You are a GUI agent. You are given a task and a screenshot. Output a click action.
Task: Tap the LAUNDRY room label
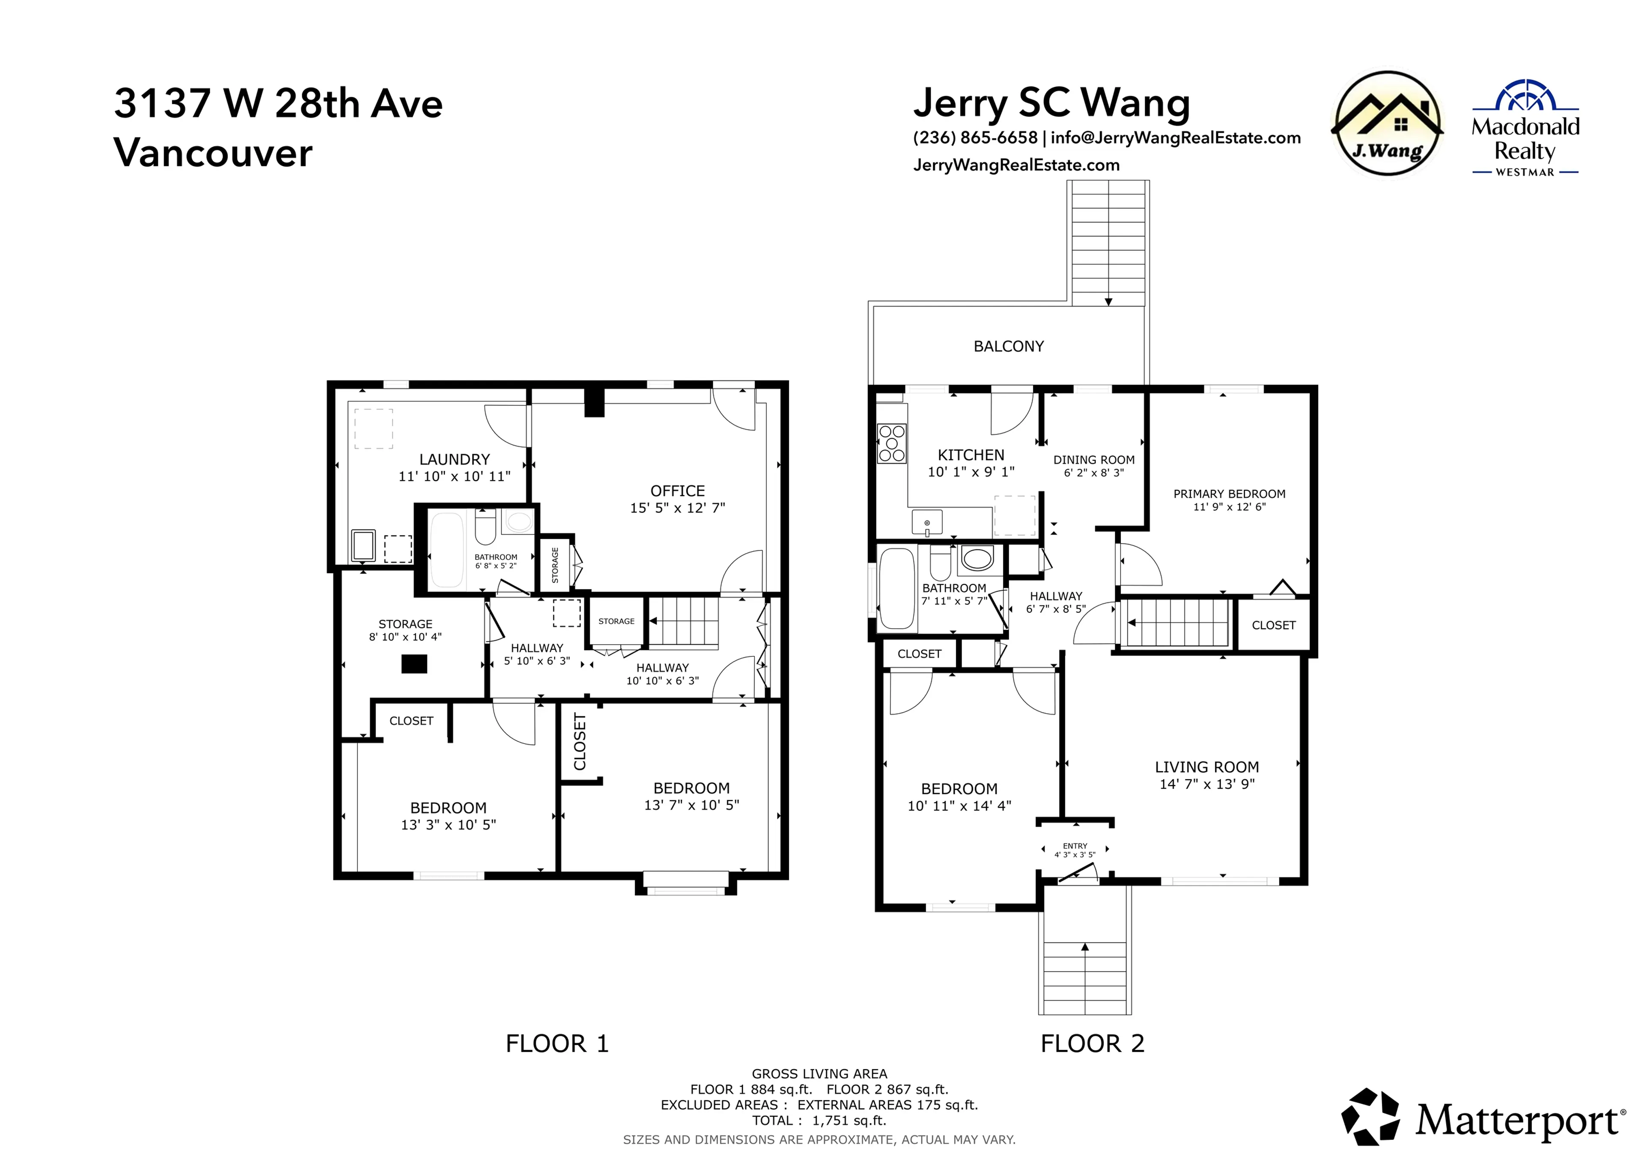click(454, 460)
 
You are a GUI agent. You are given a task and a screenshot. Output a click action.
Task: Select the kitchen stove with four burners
click(891, 443)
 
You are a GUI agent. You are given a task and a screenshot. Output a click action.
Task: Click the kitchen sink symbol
click(926, 523)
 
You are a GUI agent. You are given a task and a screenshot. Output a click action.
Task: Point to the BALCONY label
click(1008, 347)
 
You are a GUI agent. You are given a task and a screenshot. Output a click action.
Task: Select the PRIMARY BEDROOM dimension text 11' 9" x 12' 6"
click(1229, 507)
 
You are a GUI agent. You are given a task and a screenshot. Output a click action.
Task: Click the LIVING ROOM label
click(1206, 767)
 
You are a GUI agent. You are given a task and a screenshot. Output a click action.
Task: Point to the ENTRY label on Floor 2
click(1075, 846)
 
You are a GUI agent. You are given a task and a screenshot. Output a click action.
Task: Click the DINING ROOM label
click(1093, 460)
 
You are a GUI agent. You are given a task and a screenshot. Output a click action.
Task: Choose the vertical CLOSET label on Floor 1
click(580, 742)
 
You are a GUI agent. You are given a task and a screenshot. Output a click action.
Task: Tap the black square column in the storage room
click(414, 664)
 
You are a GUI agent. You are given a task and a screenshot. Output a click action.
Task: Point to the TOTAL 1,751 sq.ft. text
click(819, 1120)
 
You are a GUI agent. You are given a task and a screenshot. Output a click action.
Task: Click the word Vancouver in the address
click(213, 153)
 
